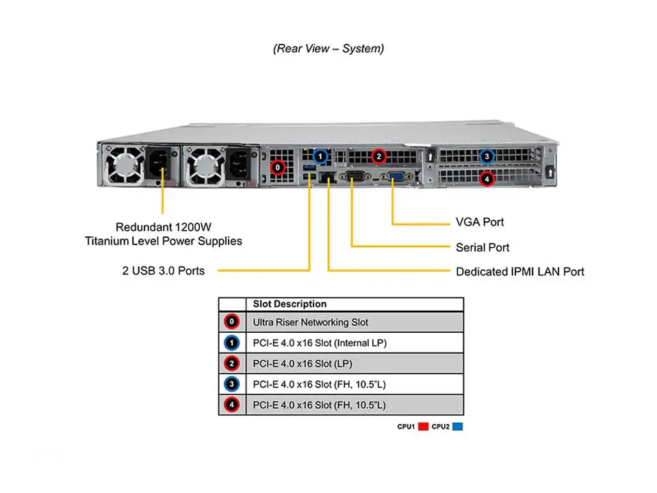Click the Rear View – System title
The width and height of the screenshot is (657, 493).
coord(328,49)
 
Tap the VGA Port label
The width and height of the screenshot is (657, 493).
coord(480,223)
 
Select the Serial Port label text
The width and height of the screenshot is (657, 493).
coord(482,247)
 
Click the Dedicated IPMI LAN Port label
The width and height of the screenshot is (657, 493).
coord(520,272)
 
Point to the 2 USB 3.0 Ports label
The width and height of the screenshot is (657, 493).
coord(164,270)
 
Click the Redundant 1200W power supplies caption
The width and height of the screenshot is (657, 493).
coord(164,233)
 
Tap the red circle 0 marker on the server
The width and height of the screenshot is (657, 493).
coord(278,166)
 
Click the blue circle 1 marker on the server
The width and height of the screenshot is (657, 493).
coord(322,156)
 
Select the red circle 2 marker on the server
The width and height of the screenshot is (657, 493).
coord(378,156)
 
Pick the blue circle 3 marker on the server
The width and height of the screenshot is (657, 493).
coord(487,156)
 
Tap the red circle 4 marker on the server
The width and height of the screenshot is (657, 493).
coord(487,179)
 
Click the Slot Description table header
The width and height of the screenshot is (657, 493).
coord(289,304)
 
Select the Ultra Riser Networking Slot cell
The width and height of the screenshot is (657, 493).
coord(310,322)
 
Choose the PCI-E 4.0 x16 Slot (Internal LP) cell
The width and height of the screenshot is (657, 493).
coord(320,343)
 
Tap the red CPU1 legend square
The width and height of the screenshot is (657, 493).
coord(423,427)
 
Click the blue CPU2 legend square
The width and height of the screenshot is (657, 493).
coord(457,427)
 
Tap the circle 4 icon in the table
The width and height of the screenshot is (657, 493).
coord(233,405)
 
